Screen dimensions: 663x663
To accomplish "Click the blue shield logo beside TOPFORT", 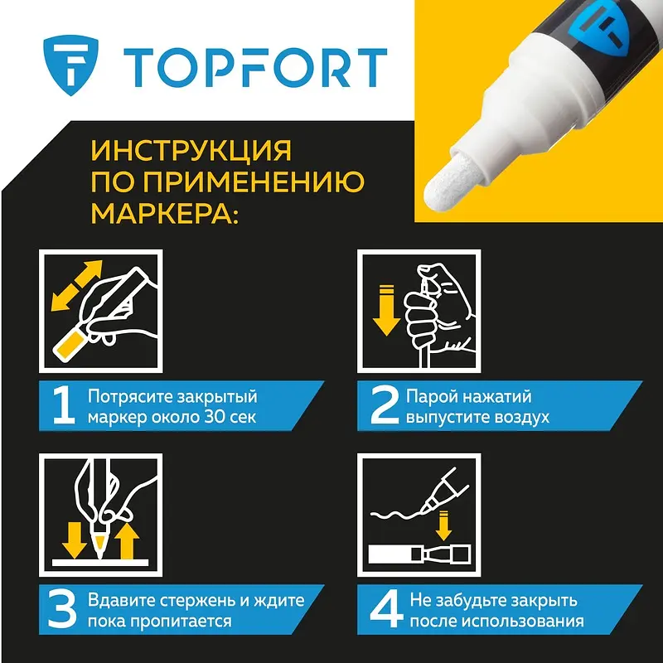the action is [x=70, y=65].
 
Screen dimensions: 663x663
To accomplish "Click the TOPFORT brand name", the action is [x=255, y=68].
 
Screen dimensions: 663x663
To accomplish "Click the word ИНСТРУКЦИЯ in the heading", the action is [x=191, y=150].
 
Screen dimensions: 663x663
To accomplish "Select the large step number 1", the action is [x=64, y=406].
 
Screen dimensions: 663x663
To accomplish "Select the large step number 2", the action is [x=385, y=406].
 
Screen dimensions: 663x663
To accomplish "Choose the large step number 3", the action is [x=62, y=610].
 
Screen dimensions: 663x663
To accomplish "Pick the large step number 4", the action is [x=386, y=610].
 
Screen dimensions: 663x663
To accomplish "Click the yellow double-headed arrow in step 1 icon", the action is [x=76, y=286].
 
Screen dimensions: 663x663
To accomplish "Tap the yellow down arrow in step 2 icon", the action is [x=386, y=311].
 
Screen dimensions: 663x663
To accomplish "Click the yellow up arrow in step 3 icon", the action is [x=127, y=541].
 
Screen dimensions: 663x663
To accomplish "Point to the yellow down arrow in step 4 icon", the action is [x=443, y=525].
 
